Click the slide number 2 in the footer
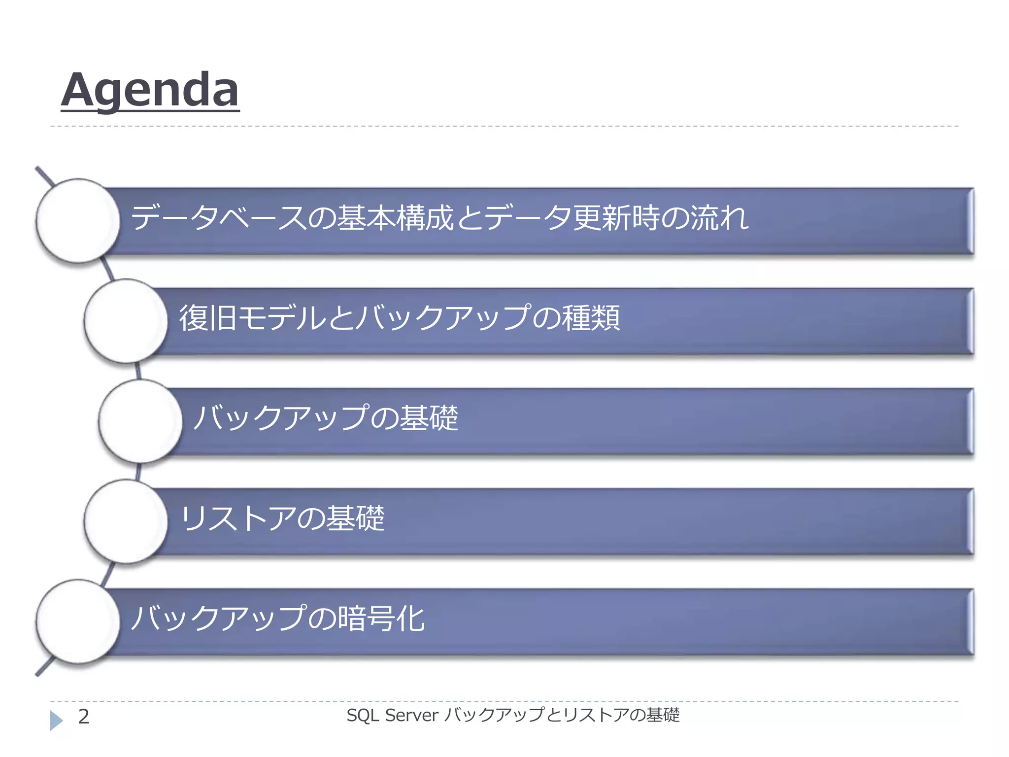[84, 716]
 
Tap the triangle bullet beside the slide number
[56, 720]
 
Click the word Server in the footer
[411, 715]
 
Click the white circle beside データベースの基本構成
[78, 220]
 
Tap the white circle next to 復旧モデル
[126, 321]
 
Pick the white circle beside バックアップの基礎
[140, 421]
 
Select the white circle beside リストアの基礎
[126, 521]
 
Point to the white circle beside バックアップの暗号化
[78, 621]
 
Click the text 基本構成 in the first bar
[395, 218]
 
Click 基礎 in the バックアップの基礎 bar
[429, 418]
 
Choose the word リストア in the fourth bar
[239, 518]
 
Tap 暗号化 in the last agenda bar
[381, 619]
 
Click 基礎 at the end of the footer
[663, 715]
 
